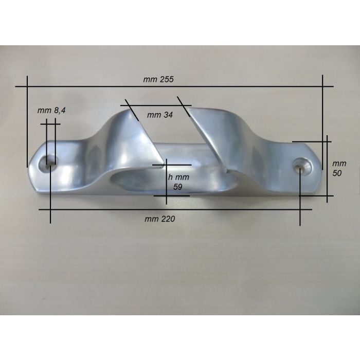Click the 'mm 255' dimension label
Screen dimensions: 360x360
point(159,80)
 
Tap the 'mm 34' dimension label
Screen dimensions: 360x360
point(160,115)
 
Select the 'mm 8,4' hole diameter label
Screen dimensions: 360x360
point(52,110)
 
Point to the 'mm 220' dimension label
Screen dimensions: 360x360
point(160,219)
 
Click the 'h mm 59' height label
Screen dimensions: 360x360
point(179,182)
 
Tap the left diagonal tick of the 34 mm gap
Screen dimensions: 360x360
point(132,110)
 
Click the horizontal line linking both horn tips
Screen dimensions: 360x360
point(154,106)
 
